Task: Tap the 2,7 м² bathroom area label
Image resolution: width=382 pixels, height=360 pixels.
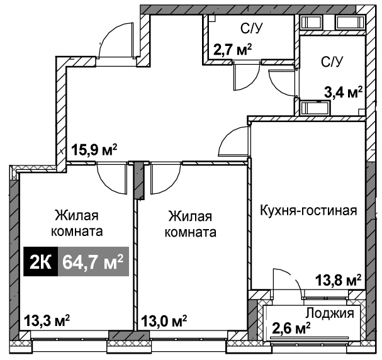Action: click(232, 50)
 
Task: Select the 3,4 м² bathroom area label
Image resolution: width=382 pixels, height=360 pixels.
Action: click(343, 92)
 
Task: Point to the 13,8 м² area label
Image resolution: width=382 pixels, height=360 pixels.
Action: click(338, 280)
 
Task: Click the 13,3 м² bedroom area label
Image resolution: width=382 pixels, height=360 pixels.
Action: click(47, 320)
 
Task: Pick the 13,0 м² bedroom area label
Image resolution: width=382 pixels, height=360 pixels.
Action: click(164, 321)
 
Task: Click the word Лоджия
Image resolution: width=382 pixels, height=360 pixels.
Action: click(330, 313)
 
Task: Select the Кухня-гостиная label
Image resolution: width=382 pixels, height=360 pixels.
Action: click(308, 210)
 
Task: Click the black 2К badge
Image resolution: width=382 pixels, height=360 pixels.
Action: click(41, 262)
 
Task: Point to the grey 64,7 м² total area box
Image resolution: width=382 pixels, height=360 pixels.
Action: click(93, 262)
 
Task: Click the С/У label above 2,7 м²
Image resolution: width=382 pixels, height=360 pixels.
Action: click(252, 29)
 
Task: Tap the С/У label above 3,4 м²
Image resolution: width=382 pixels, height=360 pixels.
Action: click(332, 62)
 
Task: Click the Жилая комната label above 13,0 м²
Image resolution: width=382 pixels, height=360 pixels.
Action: click(191, 224)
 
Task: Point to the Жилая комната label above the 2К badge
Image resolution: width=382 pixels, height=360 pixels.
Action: click(77, 223)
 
